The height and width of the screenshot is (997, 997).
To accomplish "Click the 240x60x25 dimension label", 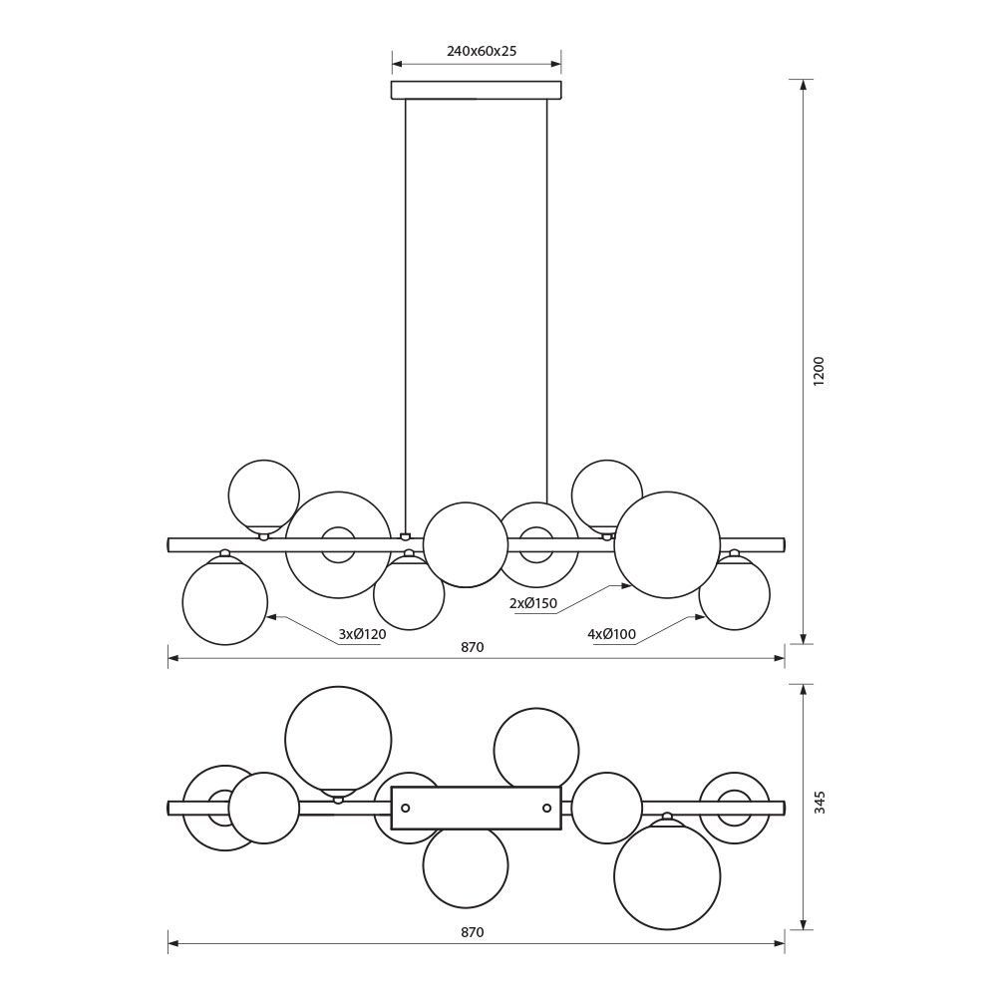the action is click(482, 52).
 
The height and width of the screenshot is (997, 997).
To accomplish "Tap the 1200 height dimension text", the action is click(819, 371).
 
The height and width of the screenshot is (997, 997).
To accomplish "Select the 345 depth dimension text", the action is click(820, 802).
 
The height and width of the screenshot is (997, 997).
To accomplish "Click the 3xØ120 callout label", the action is click(363, 634).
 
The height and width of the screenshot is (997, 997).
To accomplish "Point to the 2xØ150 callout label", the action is click(532, 603).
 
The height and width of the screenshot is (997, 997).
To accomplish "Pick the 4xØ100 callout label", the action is click(612, 634).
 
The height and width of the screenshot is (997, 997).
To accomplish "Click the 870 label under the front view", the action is click(473, 647).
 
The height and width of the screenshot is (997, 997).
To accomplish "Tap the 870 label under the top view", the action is click(473, 932).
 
